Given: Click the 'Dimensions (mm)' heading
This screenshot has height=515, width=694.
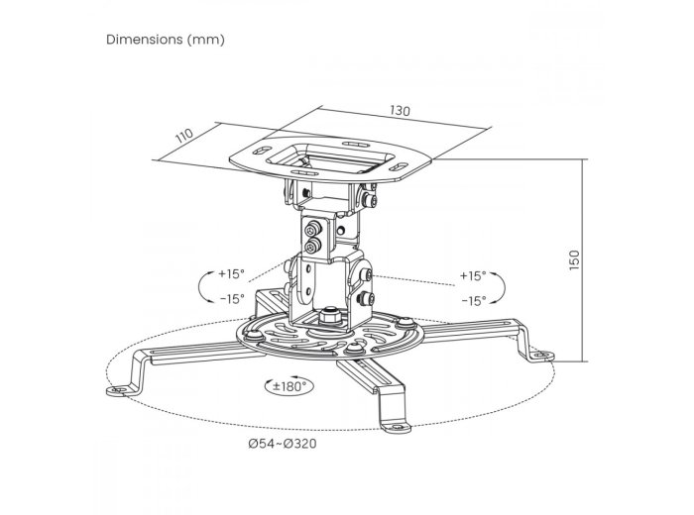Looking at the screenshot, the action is [166, 40].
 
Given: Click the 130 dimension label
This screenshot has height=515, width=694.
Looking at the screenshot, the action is [400, 111].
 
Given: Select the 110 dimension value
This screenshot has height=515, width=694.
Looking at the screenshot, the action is [184, 136].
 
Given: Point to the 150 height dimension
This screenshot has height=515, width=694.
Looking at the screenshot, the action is [574, 259].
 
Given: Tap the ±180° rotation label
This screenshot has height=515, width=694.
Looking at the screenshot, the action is [289, 386].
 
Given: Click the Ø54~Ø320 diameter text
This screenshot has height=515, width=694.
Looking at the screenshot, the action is [283, 443].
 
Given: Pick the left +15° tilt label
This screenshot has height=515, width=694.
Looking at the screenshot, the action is [231, 274].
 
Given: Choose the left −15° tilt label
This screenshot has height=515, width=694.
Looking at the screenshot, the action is [232, 299].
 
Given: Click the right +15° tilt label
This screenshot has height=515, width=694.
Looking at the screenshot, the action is [473, 276].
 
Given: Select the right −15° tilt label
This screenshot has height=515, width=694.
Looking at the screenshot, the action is [474, 301].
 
